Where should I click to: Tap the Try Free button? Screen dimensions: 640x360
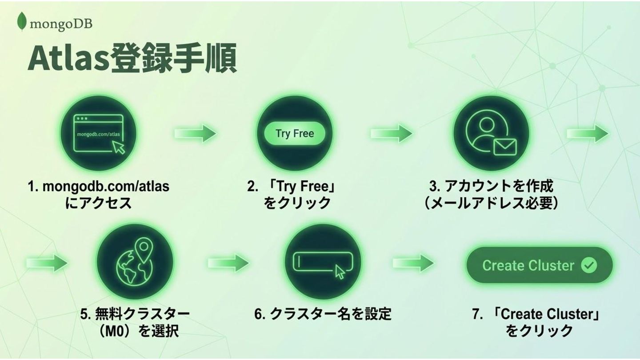tap(295, 134)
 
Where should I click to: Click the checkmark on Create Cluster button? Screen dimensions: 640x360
tap(589, 266)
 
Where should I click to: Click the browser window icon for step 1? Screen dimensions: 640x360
tap(99, 134)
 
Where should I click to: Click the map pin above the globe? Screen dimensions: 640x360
tap(143, 248)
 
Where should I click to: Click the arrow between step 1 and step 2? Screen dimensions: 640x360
tap(195, 134)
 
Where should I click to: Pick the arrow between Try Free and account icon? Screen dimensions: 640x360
tap(391, 134)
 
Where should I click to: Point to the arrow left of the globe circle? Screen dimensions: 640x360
tap(47, 263)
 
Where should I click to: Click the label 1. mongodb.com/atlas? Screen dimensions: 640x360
tap(99, 186)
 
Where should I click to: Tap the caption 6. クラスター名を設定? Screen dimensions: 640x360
tap(323, 314)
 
